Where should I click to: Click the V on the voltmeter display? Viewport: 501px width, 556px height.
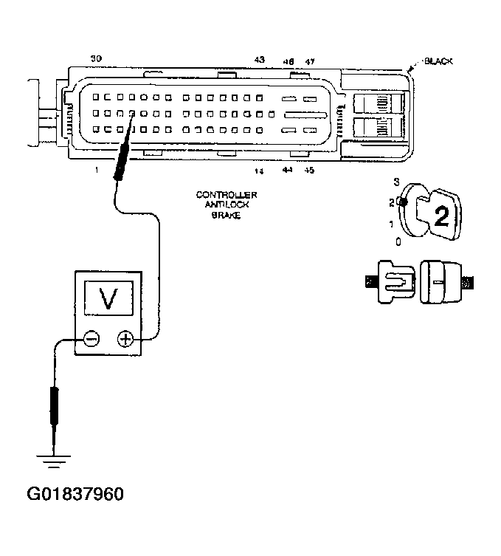point(108,298)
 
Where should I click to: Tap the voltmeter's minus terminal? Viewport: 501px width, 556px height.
point(91,339)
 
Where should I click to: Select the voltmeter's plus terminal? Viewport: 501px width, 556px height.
point(125,339)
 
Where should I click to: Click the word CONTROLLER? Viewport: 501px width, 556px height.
point(227,195)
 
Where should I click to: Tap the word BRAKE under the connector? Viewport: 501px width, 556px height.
point(227,215)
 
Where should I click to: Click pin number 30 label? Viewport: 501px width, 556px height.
point(96,58)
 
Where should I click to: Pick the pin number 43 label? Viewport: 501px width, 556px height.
point(259,58)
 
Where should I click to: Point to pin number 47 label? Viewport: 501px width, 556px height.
point(310,62)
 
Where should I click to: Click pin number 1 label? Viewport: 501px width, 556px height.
point(96,170)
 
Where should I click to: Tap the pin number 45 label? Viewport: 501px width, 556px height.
point(310,171)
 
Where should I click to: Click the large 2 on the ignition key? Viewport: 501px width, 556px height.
point(441,216)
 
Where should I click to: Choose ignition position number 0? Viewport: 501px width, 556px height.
point(398,241)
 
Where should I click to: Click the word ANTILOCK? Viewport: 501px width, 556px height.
point(227,205)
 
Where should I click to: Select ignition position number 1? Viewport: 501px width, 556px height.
point(392,222)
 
